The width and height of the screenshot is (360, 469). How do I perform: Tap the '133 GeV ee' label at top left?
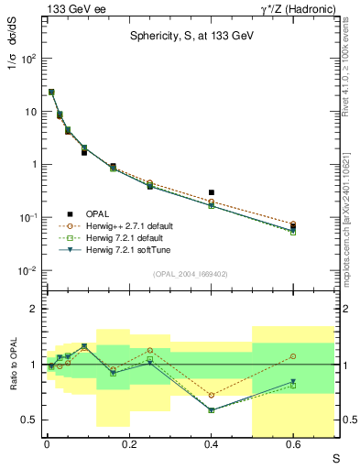coord(71,8)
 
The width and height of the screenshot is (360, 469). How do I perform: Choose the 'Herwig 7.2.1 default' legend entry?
coord(131,237)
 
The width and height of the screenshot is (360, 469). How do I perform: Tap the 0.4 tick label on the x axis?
coord(211,444)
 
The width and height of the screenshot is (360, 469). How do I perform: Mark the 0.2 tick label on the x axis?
coord(128,444)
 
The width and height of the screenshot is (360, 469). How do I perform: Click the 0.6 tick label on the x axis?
coord(293,444)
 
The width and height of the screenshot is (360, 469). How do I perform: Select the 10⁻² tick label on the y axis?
coord(28,271)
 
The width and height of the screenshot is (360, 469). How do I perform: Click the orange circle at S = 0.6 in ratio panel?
coord(293,355)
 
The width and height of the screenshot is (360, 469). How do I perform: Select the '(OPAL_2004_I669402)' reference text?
coord(190,273)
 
